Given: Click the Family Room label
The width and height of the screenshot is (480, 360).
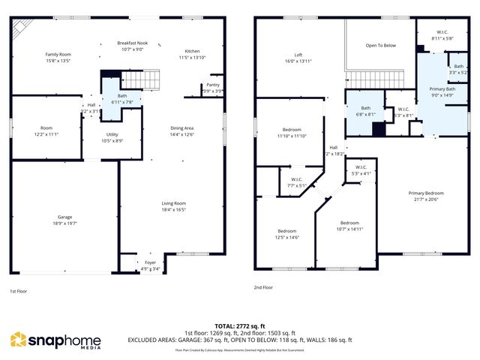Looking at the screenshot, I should [58, 54].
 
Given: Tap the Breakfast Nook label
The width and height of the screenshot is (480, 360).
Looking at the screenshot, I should [132, 43].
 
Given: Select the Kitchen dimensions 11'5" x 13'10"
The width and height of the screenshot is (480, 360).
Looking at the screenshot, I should [191, 57].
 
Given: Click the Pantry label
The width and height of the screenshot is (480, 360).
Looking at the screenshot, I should [213, 85].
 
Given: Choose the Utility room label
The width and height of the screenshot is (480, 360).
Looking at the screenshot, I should [102, 134].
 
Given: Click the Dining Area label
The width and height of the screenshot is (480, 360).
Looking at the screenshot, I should [182, 128].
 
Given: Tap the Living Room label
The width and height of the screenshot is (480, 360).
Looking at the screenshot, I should [174, 203].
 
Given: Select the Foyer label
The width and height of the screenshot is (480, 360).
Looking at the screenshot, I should [151, 262].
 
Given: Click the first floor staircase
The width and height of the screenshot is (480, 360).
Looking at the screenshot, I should [141, 78].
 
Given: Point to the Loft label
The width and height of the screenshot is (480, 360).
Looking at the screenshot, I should [298, 54].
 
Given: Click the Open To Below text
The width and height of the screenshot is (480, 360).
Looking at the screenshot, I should [380, 45].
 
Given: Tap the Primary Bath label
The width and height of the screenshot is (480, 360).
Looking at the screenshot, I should [442, 89].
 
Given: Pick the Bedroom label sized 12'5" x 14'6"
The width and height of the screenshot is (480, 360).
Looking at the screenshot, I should [288, 231].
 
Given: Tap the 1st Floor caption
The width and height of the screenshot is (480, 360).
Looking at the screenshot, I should [19, 291].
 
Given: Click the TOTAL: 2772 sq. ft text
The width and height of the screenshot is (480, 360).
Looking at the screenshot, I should [239, 325].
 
